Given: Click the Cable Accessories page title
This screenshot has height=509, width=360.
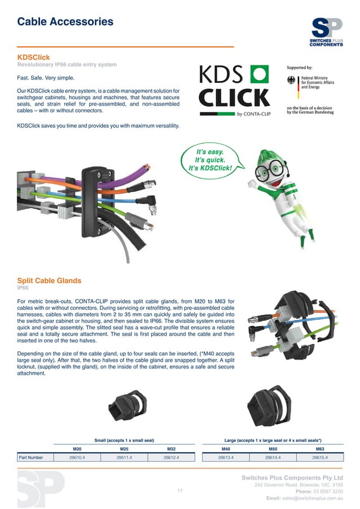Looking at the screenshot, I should point(65,22).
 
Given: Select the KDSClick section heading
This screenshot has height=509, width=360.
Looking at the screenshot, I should point(34,58).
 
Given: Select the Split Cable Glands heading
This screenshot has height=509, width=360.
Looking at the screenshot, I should point(49,280).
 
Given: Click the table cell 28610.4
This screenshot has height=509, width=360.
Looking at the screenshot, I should point(77,458).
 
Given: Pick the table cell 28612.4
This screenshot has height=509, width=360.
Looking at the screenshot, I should point(170,458).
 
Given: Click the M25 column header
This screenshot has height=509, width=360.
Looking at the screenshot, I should point(124,449).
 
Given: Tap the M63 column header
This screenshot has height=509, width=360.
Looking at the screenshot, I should point(319,449).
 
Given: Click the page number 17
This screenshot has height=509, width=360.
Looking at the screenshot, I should point(180,491).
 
